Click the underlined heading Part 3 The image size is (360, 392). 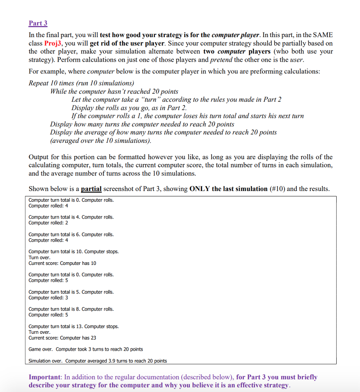click(38, 23)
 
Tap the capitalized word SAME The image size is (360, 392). click(323, 35)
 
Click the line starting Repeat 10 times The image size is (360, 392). click(81, 83)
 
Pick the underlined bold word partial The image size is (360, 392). click(91, 189)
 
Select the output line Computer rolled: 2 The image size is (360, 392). click(48, 223)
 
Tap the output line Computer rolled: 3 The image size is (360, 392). click(48, 297)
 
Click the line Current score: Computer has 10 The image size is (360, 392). click(62, 263)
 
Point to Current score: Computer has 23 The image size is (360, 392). click(62, 338)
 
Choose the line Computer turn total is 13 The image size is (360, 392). click(74, 327)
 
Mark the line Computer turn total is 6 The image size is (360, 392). click(71, 234)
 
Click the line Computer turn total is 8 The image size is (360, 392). click(71, 309)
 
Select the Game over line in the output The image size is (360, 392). click(86, 349)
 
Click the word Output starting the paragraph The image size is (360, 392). click(39, 157)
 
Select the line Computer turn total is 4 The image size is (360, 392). click(71, 217)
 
